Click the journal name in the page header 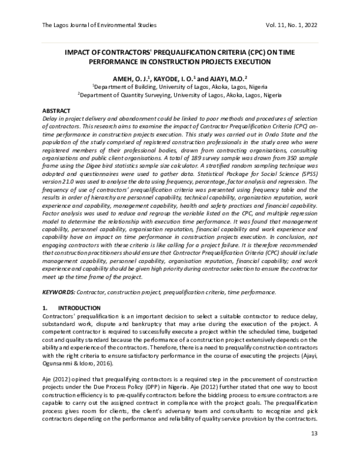tap(99, 25)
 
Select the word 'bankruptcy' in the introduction tap(155, 323)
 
